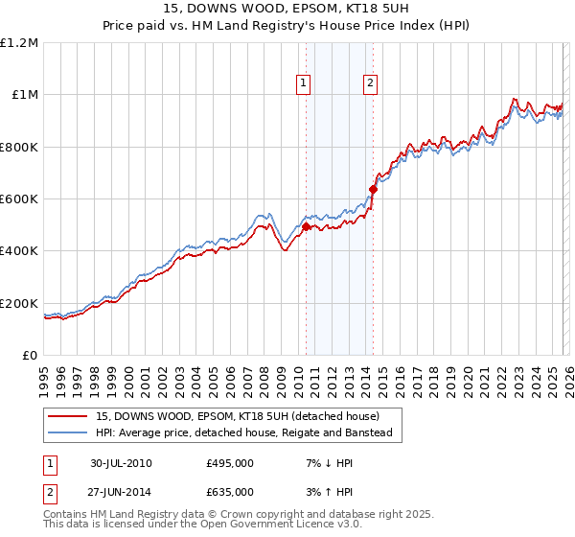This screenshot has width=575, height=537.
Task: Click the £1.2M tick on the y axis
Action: pyautogui.click(x=19, y=43)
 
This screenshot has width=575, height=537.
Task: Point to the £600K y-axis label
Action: pyautogui.click(x=19, y=199)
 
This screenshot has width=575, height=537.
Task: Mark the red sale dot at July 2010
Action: pyautogui.click(x=307, y=226)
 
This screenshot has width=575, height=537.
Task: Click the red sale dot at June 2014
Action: pyautogui.click(x=373, y=190)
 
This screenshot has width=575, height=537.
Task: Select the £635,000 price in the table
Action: pyautogui.click(x=230, y=491)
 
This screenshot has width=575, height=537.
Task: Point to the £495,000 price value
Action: pyautogui.click(x=230, y=463)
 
